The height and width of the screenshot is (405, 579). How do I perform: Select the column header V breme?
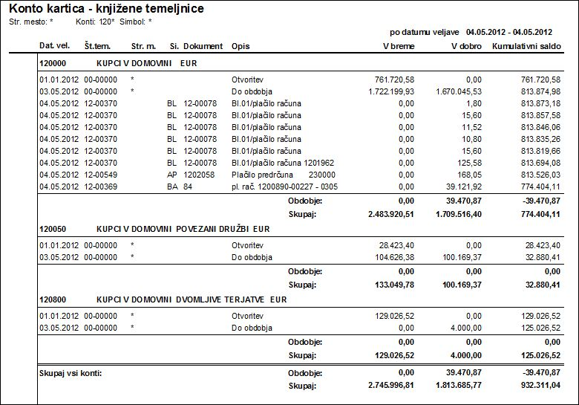pos(399,46)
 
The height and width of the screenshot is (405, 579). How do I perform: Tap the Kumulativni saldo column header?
pos(526,46)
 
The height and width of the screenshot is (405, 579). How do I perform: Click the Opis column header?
pos(241,46)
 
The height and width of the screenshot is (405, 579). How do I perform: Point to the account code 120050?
pos(53,228)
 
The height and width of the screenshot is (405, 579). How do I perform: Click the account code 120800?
pos(53,299)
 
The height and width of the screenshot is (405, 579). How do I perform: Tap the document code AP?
pos(171,174)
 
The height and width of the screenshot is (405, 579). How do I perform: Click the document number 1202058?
pos(200,174)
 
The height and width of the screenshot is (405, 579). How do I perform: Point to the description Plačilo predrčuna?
pos(258,174)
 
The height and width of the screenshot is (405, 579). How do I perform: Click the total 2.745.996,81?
pos(390,386)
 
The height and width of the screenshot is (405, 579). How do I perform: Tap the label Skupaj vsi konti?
pos(70,372)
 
